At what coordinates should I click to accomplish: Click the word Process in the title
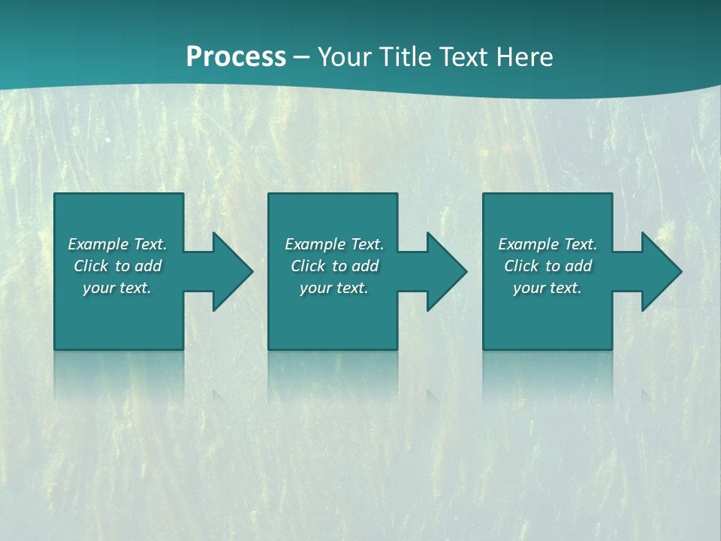tap(236, 57)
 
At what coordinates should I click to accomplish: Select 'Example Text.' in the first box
tap(117, 244)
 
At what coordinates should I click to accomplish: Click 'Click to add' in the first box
tap(117, 266)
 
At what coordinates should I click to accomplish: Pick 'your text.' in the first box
tap(117, 288)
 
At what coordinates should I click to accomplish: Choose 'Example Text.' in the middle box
tap(334, 244)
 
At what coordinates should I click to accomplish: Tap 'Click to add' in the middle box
tap(334, 266)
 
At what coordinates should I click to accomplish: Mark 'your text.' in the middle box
tap(334, 288)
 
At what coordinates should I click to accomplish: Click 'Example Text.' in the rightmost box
tap(548, 244)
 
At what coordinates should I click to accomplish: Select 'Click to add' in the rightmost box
tap(548, 266)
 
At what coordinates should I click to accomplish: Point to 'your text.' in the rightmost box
tap(548, 288)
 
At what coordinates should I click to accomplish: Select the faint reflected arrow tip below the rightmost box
tap(647, 395)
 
